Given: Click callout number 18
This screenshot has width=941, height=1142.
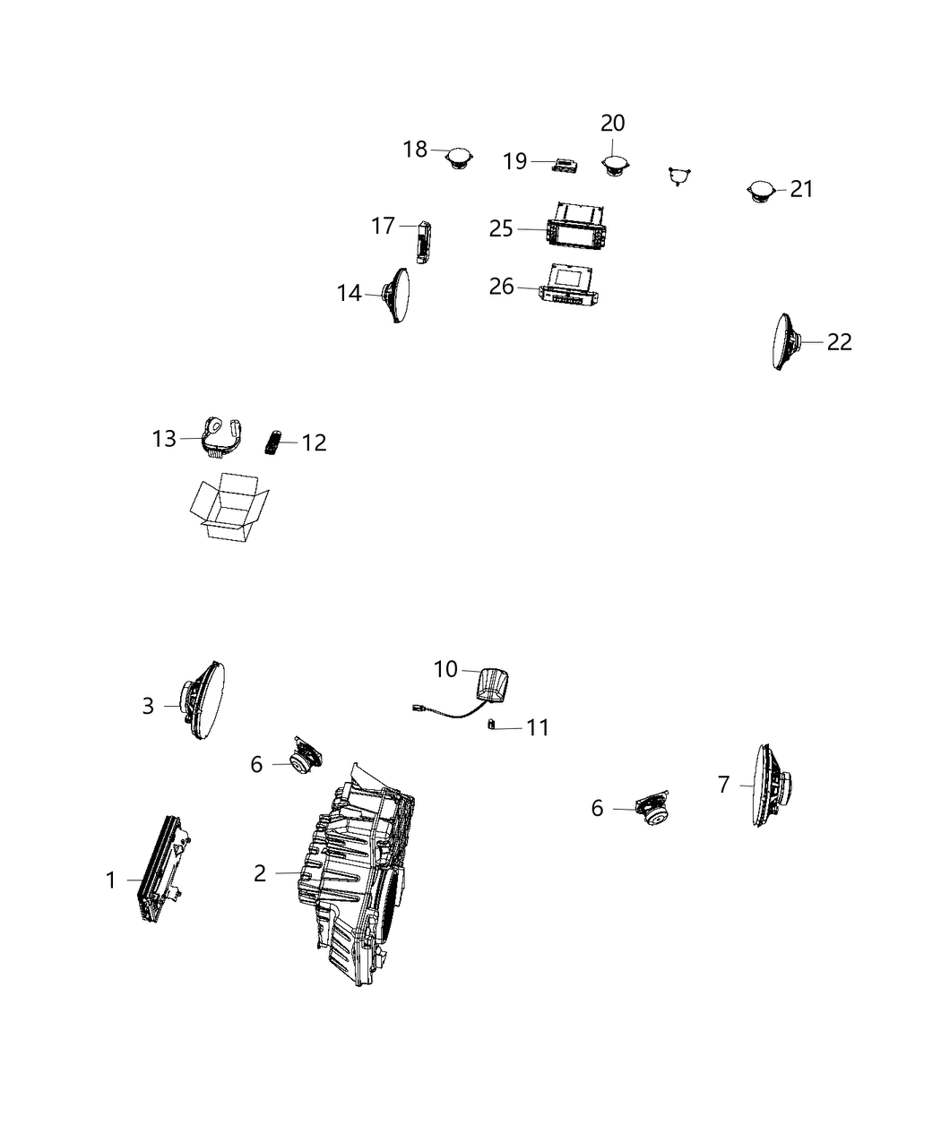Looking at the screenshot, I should tap(415, 149).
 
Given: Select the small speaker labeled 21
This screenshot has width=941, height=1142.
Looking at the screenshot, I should tap(761, 192).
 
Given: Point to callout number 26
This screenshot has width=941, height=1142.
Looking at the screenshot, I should tap(501, 286).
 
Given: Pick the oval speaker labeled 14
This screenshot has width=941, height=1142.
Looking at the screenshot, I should tap(399, 295).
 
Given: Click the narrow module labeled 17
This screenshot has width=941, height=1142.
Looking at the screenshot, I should tap(424, 242).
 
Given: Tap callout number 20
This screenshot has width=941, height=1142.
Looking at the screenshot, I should tap(613, 123).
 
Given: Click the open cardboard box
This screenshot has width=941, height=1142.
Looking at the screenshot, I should tap(228, 507).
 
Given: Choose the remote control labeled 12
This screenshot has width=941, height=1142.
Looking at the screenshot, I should tap(272, 442).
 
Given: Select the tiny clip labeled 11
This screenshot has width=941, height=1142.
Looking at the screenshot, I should tap(491, 726).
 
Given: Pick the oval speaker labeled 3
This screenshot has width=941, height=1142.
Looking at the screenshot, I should tap(204, 702).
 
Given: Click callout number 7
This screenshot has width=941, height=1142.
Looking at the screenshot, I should tap(723, 785).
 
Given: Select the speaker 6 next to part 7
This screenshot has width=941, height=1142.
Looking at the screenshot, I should tap(652, 809).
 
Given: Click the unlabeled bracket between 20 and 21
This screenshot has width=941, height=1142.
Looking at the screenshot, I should tap(681, 176).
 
